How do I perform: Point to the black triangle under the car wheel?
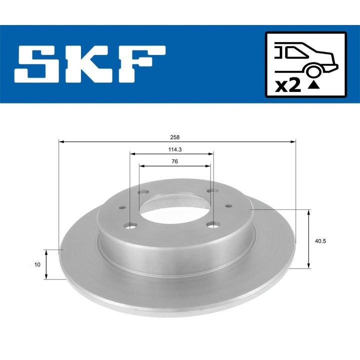tap(313, 85)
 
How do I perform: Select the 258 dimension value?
tap(175, 136)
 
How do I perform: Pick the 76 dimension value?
tap(174, 161)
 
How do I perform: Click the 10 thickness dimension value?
tap(37, 265)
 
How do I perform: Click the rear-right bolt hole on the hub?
tap(211, 191)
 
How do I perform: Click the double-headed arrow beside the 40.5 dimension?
tap(308, 239)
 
